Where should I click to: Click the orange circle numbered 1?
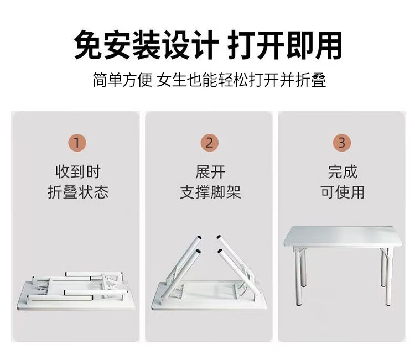77,143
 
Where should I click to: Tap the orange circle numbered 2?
209,143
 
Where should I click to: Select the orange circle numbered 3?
342,143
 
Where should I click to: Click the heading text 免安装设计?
147,45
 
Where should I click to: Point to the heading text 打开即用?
284,45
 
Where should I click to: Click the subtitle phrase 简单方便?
122,80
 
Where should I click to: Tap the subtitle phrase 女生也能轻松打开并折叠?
241,80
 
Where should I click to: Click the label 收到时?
78,171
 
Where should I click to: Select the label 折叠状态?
78,192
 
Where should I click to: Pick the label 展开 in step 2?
210,171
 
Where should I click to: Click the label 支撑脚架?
210,192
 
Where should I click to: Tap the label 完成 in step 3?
343,171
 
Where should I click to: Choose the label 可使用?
343,192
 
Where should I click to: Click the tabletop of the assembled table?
343,236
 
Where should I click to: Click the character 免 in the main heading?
88,45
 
